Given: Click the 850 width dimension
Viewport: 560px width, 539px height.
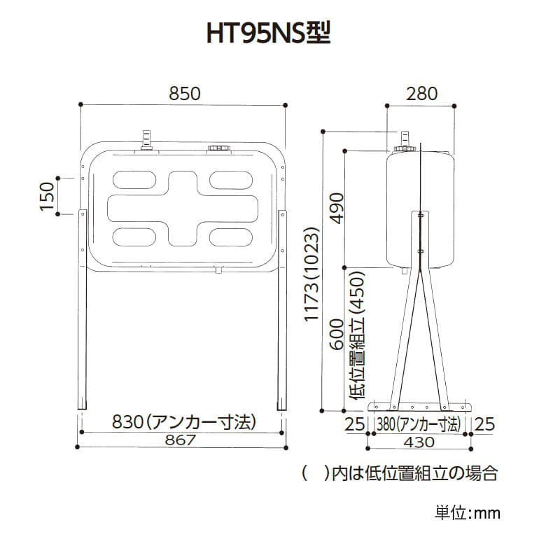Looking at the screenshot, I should point(185,93).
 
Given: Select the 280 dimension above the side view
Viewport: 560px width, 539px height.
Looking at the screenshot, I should point(421,93).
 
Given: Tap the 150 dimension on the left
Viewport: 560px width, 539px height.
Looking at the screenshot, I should point(47,197).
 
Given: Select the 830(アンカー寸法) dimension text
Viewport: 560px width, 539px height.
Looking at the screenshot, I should point(183,422).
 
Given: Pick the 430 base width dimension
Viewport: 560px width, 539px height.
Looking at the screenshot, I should point(420,442).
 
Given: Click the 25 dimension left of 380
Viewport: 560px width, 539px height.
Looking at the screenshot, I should point(356,424).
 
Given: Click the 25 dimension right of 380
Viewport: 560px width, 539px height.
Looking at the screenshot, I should point(484,424).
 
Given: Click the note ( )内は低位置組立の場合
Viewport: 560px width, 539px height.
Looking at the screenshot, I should point(400,473).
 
